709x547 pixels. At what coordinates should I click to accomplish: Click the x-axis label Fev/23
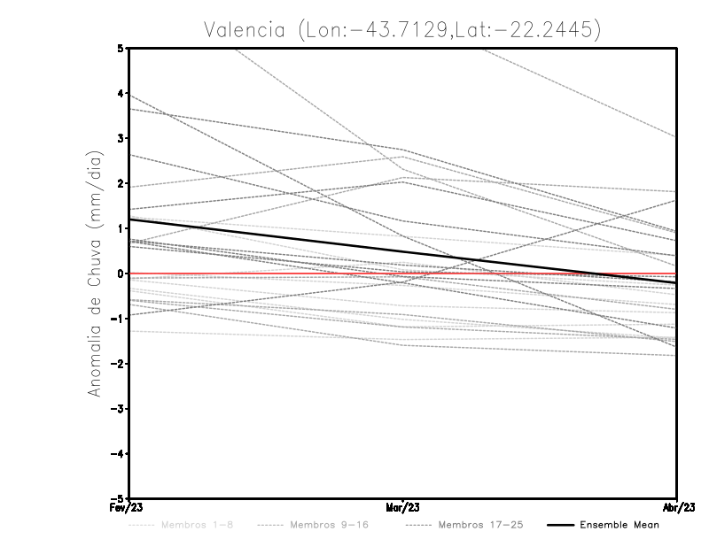[129, 508]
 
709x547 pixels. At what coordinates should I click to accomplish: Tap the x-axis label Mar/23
[403, 508]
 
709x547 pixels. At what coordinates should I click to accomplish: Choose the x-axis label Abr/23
[676, 508]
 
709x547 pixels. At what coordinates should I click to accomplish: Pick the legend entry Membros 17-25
[481, 525]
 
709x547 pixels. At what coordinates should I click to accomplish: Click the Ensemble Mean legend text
[619, 525]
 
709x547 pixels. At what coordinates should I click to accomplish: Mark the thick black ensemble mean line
[266, 235]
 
